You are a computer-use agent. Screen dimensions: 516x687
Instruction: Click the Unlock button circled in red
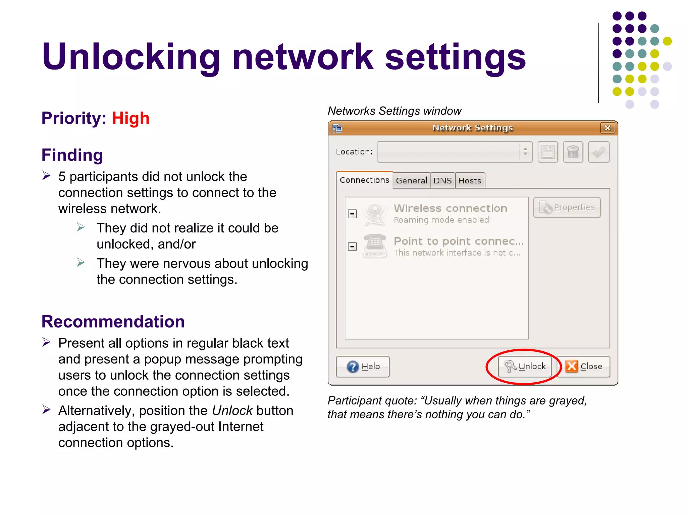[x=525, y=367]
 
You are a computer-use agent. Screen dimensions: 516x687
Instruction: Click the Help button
[x=363, y=367]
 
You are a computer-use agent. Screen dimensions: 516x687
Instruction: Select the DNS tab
[x=442, y=181]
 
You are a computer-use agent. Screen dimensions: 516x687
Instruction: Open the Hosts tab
[x=470, y=181]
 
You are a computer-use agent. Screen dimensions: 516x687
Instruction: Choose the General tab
[x=411, y=181]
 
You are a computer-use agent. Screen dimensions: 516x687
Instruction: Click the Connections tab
[x=364, y=180]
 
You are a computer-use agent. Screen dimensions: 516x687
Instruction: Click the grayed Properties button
[x=567, y=208]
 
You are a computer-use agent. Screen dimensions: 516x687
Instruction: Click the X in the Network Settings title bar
[x=607, y=128]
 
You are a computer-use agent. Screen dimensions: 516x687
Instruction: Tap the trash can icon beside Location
[x=573, y=152]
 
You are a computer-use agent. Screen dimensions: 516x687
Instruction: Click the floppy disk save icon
[x=548, y=152]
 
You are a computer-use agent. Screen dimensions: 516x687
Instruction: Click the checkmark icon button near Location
[x=599, y=152]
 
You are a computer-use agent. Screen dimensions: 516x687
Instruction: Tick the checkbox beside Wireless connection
[x=352, y=214]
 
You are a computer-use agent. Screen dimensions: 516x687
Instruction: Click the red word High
[x=130, y=118]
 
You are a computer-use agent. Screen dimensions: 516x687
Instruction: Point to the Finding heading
[x=72, y=155]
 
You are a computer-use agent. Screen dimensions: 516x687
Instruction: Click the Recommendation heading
[x=113, y=322]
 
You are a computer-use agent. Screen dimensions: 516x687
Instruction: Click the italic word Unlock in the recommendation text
[x=232, y=411]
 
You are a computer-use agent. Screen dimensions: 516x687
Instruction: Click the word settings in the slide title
[x=455, y=57]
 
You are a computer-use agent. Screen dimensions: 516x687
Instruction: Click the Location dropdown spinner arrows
[x=525, y=152]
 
